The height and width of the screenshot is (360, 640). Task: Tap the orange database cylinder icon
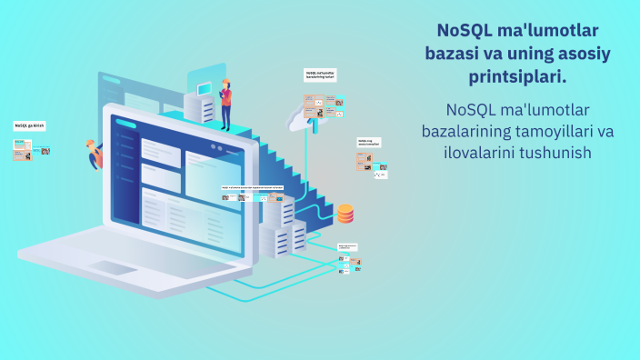tap(345, 214)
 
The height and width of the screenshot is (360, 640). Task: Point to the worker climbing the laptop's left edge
tap(95, 155)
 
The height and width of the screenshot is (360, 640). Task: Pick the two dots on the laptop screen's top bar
tap(215, 147)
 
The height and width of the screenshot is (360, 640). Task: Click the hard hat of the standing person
tap(225, 82)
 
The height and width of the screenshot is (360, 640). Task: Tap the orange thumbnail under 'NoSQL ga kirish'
tap(23, 150)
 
